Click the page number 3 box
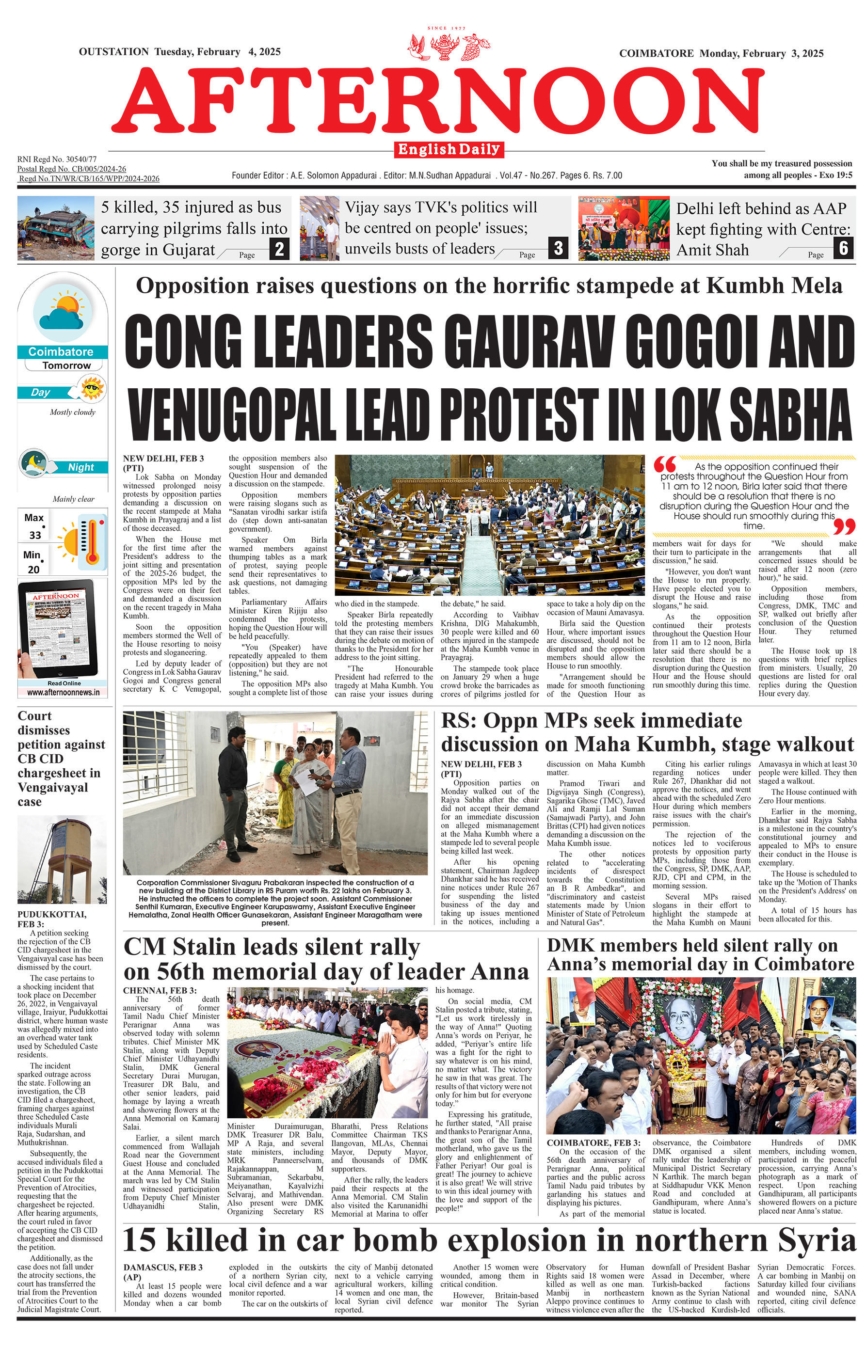[558, 248]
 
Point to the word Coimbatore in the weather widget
[61, 352]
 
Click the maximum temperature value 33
[35, 535]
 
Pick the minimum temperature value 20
[34, 570]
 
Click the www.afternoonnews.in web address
[63, 693]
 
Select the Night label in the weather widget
[81, 467]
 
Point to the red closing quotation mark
[844, 527]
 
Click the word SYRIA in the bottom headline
[814, 1240]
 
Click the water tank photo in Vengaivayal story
[62, 859]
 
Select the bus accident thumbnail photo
[56, 228]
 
